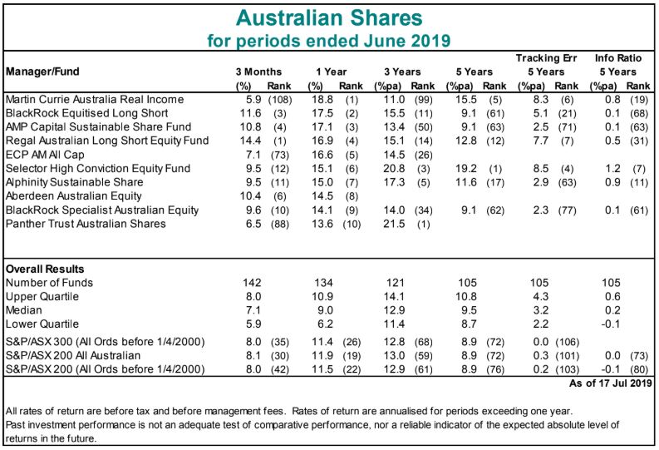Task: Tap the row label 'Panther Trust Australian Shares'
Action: click(81, 224)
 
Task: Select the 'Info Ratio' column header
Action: click(616, 57)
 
